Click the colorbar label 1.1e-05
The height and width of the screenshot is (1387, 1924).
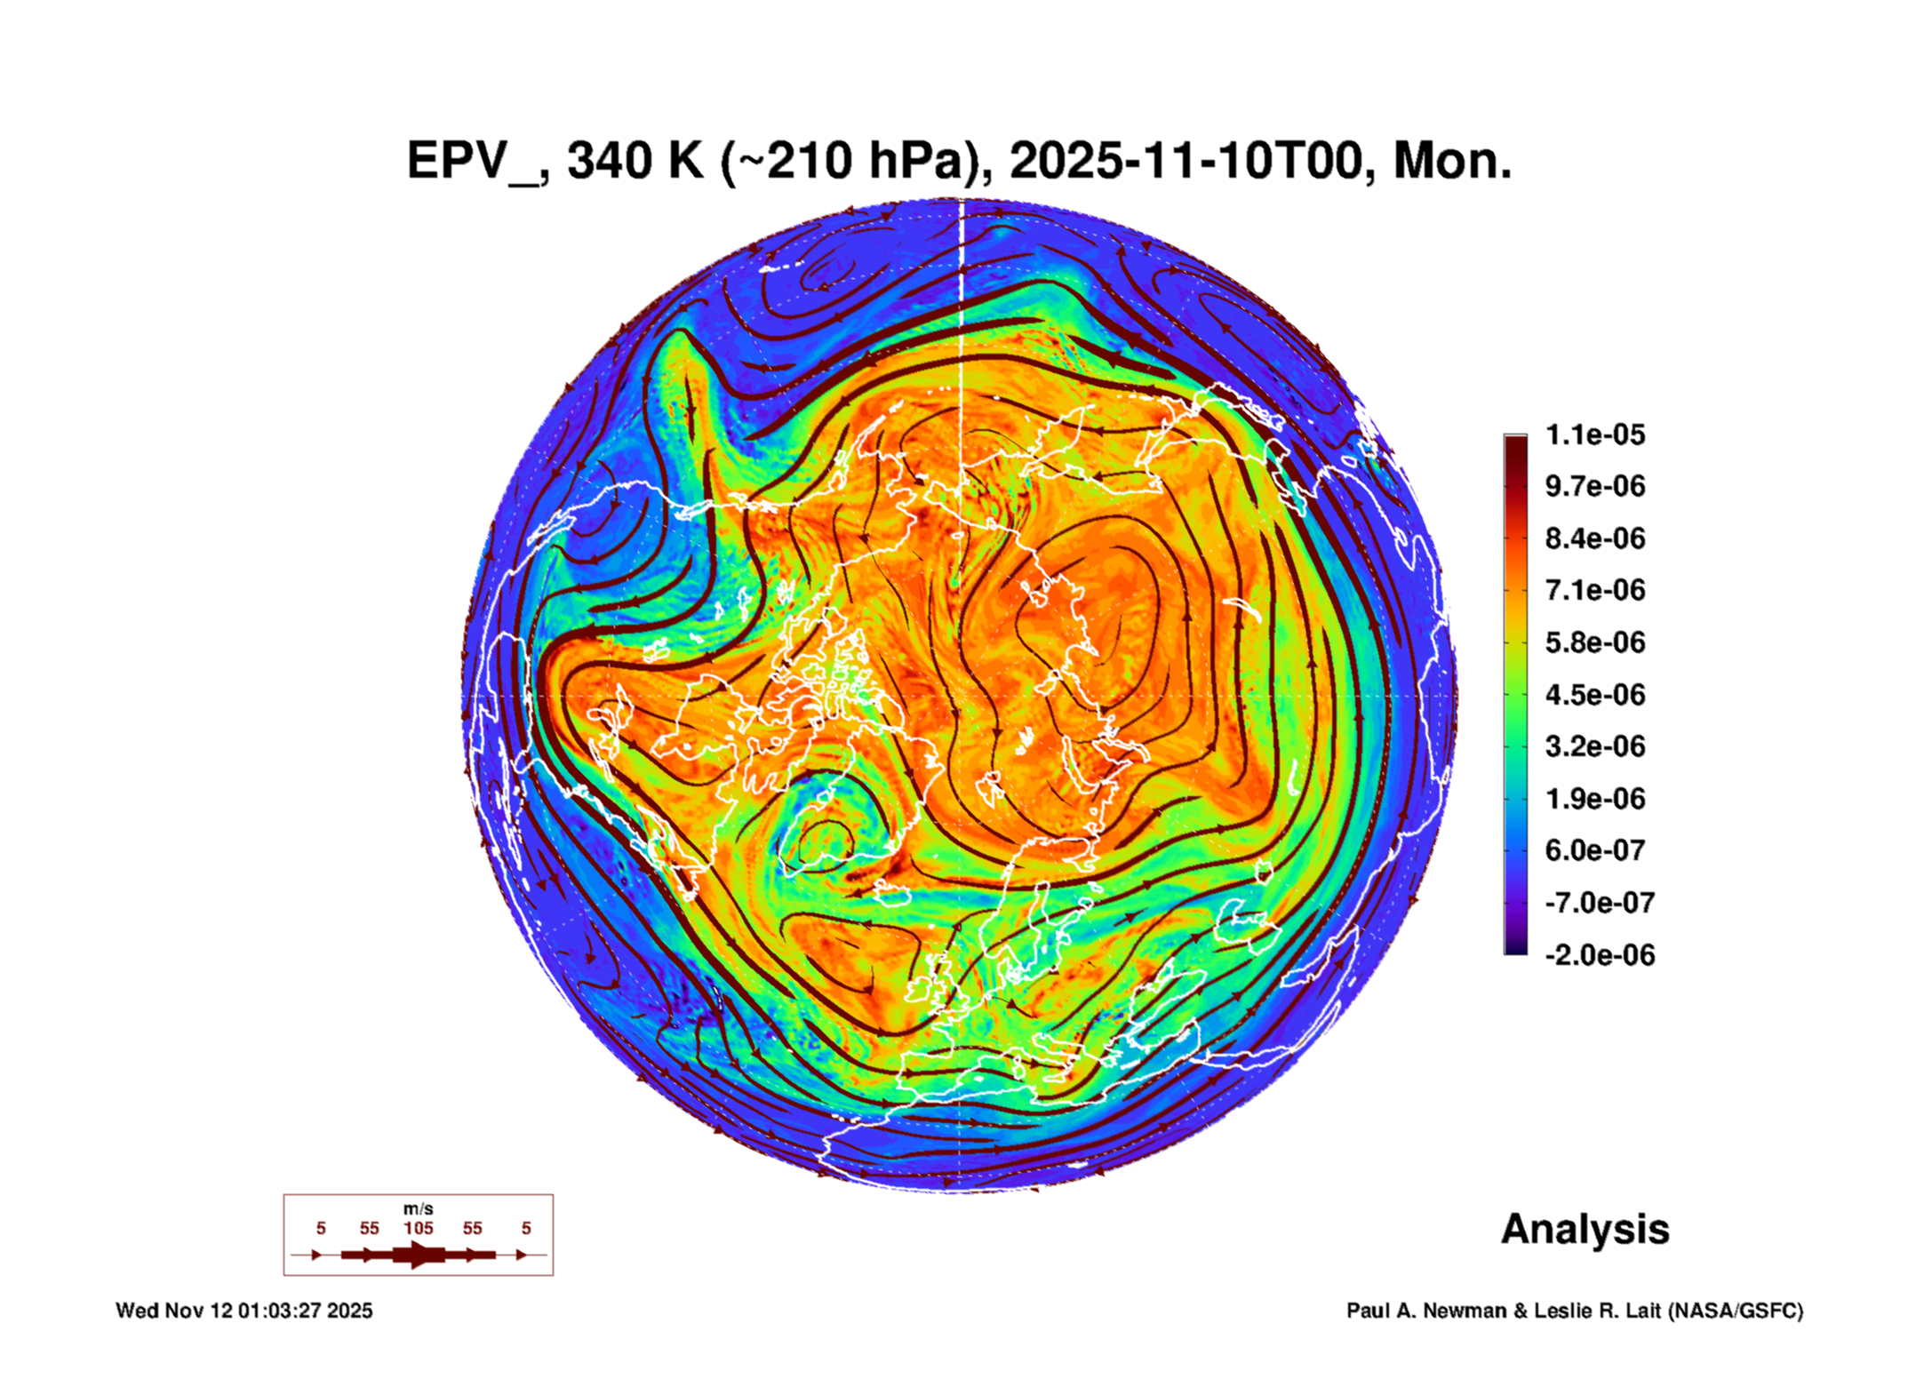pyautogui.click(x=1594, y=434)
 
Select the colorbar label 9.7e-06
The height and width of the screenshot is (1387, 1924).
pyautogui.click(x=1594, y=486)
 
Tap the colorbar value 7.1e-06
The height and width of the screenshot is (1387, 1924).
pyautogui.click(x=1594, y=590)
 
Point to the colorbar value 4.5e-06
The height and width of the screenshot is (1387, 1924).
pyautogui.click(x=1594, y=694)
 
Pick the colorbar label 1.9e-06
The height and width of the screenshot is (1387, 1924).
pyautogui.click(x=1594, y=799)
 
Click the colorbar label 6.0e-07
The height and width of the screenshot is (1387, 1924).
pyautogui.click(x=1594, y=850)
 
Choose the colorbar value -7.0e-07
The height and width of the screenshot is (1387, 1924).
pyautogui.click(x=1599, y=903)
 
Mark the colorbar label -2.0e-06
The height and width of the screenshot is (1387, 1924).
pyautogui.click(x=1599, y=955)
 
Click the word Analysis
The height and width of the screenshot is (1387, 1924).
pyautogui.click(x=1585, y=1230)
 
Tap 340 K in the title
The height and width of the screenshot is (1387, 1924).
pyautogui.click(x=635, y=162)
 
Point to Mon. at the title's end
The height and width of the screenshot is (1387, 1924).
pyautogui.click(x=1452, y=162)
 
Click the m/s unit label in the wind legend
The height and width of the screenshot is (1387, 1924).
pyautogui.click(x=418, y=1209)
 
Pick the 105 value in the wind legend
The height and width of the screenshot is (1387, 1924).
pyautogui.click(x=418, y=1229)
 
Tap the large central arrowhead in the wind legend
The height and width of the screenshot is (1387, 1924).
pyautogui.click(x=418, y=1255)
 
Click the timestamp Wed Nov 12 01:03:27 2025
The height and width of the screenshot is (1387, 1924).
pyautogui.click(x=244, y=1311)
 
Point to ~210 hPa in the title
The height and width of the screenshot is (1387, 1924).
pyautogui.click(x=853, y=162)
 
